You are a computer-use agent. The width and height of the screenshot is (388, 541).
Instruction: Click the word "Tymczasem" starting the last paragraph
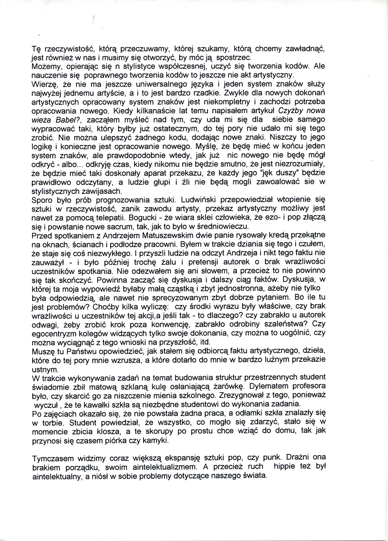pos(55,458)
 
